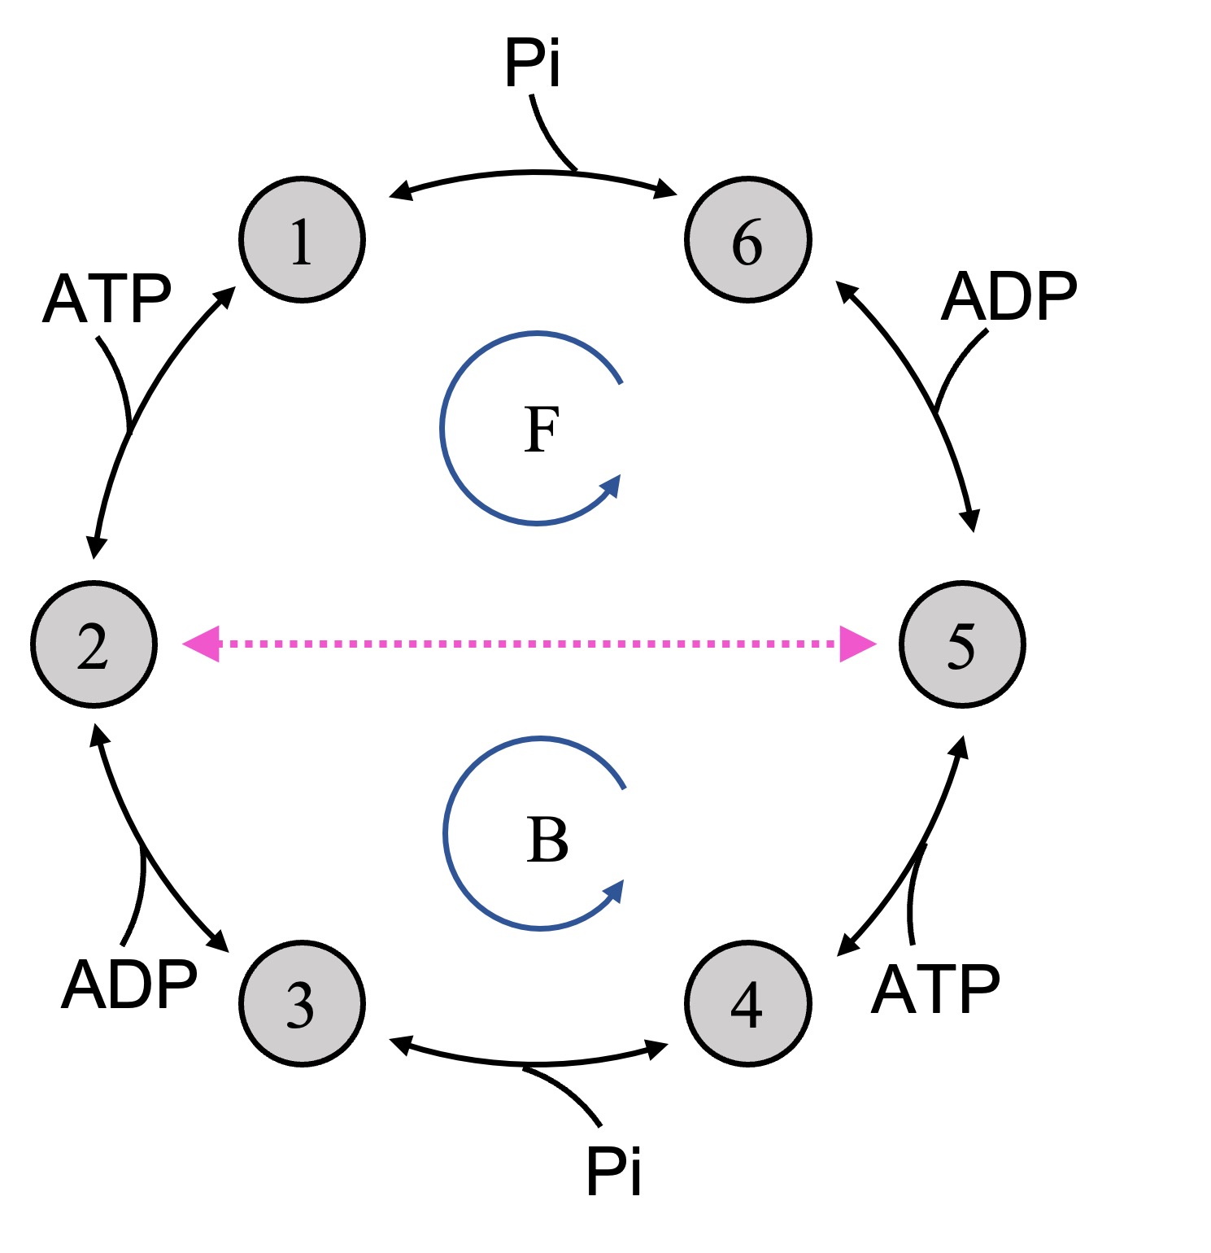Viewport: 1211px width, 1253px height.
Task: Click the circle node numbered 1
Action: [302, 240]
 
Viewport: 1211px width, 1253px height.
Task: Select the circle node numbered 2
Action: [94, 644]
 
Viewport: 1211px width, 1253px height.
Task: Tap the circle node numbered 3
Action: [302, 1003]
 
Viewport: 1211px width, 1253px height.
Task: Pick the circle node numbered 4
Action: [747, 1003]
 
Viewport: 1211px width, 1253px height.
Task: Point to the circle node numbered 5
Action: [962, 644]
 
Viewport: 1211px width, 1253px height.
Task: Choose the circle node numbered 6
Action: [747, 240]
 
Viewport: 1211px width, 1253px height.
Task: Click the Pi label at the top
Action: [533, 63]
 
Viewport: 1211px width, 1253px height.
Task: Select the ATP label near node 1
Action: [107, 299]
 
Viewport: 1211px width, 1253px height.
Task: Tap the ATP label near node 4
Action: [935, 989]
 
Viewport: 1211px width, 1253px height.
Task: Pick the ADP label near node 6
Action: [1009, 297]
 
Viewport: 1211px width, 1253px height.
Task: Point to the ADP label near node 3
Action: [129, 984]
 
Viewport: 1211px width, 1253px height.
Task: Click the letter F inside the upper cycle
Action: [542, 430]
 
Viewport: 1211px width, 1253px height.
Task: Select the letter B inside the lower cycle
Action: [547, 840]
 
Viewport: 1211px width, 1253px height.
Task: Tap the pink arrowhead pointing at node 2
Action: [202, 644]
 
